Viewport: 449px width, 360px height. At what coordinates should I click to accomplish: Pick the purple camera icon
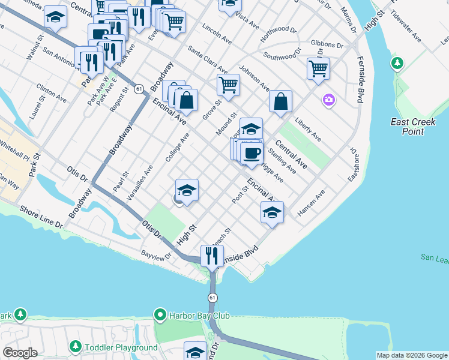(328, 100)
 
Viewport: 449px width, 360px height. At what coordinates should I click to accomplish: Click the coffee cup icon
(252, 152)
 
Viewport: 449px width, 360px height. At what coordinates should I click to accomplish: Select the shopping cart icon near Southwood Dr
(318, 68)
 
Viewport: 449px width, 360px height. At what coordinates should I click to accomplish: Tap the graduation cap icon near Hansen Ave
(272, 212)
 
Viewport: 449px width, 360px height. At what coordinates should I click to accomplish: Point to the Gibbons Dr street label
(327, 44)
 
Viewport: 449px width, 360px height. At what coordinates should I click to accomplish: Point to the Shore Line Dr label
(41, 216)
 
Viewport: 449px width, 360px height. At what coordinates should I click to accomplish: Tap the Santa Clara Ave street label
(207, 60)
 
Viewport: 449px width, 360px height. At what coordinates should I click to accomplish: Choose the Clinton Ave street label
(51, 91)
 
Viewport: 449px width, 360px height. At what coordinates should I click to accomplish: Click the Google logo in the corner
(20, 353)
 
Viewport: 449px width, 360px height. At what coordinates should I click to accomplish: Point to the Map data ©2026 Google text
(412, 355)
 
